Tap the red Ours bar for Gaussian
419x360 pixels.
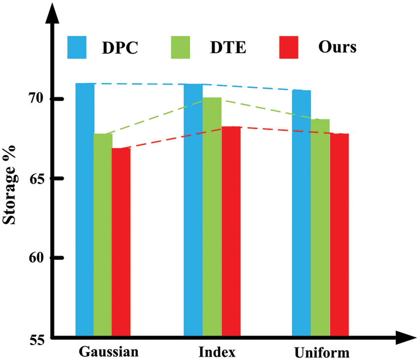click(121, 242)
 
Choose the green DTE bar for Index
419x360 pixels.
click(212, 217)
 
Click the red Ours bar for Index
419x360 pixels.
click(231, 231)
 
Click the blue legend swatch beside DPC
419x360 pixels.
click(77, 48)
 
